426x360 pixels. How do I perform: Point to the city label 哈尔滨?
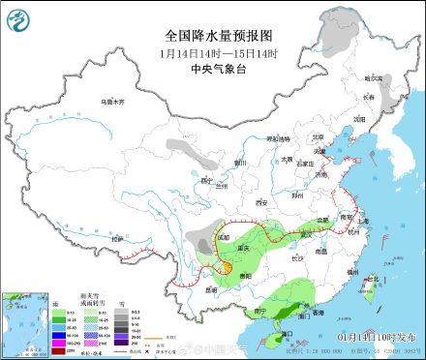(374, 77)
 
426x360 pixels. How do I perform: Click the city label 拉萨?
(118, 238)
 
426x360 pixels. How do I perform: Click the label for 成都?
(225, 236)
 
